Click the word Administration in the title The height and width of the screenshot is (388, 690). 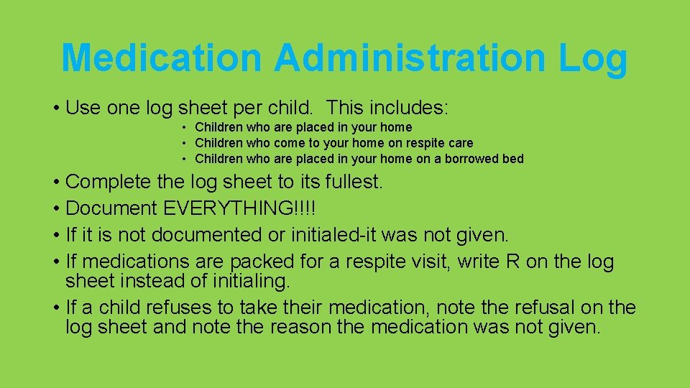tap(410, 57)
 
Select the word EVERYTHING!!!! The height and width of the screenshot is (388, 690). tap(240, 208)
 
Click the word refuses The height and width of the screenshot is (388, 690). tap(180, 308)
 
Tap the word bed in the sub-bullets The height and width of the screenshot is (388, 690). tap(513, 159)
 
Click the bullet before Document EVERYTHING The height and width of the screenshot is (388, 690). tap(56, 209)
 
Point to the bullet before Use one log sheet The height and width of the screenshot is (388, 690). tap(56, 109)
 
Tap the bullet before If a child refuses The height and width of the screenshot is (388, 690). tap(56, 308)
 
